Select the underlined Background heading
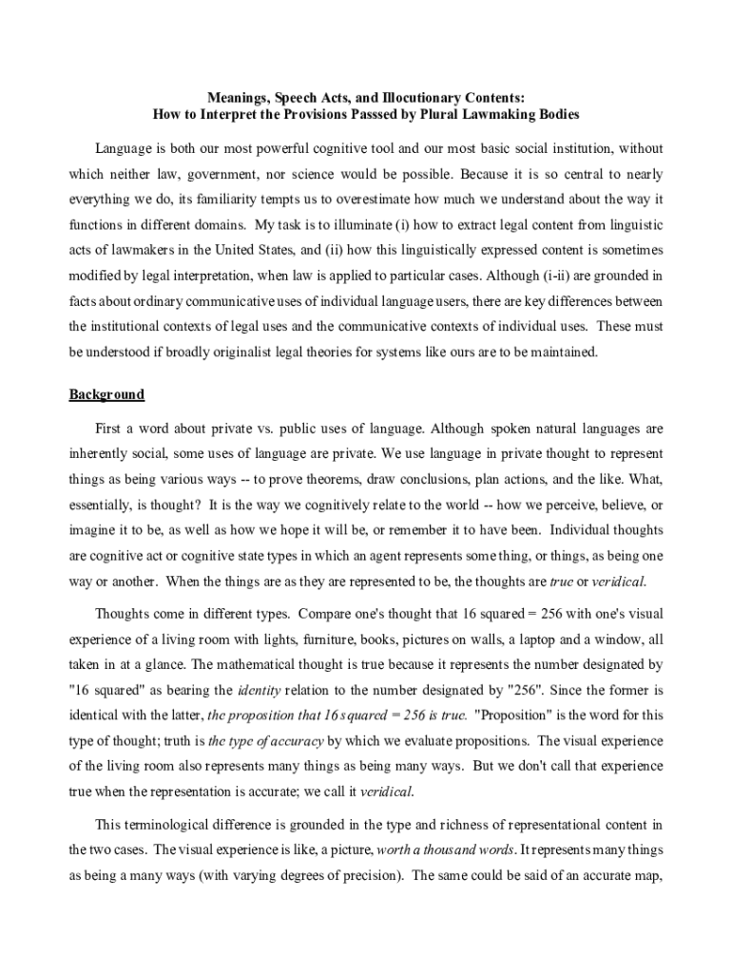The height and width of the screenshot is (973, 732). [106, 394]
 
